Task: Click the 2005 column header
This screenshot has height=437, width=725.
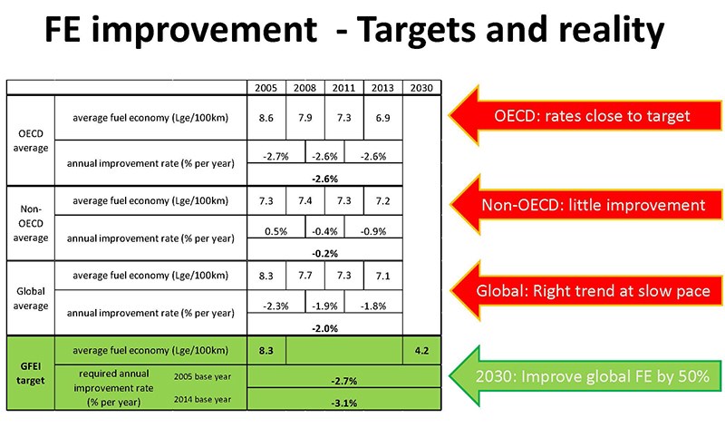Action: point(266,88)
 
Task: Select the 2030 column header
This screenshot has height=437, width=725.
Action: point(421,88)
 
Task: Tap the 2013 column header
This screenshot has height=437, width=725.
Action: point(382,88)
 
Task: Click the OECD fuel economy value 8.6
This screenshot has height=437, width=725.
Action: point(266,118)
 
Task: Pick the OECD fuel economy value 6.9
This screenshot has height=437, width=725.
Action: point(382,118)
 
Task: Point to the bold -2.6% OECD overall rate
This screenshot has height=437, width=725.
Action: point(324,179)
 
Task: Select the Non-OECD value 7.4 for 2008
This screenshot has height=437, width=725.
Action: point(305,200)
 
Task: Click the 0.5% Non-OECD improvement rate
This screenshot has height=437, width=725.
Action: point(276,231)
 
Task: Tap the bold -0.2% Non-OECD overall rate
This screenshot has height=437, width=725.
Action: point(324,254)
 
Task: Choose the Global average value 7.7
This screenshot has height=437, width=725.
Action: point(305,276)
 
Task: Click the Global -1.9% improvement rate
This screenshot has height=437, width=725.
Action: point(324,306)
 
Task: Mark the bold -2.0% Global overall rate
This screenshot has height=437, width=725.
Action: point(324,328)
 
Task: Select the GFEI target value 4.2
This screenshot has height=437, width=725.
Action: point(421,351)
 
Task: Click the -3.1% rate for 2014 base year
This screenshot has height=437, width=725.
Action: point(344,403)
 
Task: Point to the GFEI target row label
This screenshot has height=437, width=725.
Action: point(31,374)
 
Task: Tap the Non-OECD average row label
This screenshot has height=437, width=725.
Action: point(31,223)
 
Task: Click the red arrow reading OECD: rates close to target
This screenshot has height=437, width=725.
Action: point(585,116)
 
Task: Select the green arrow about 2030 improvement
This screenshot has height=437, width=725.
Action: point(585,376)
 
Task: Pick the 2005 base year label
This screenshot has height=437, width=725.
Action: point(202,376)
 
